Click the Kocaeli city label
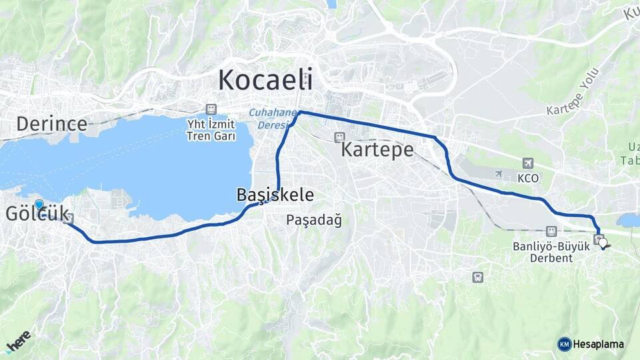(x=265, y=80)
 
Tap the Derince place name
(x=52, y=123)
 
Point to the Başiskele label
(x=275, y=195)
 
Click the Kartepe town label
(x=377, y=149)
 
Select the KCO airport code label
(x=527, y=178)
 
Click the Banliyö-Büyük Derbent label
(x=551, y=251)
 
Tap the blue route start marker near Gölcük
(x=39, y=205)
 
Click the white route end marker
(x=604, y=244)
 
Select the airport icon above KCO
(x=528, y=163)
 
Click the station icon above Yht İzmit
(x=211, y=109)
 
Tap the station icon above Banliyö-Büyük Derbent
(x=551, y=231)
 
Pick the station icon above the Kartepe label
(x=340, y=136)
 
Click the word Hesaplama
(x=598, y=345)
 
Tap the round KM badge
(x=564, y=344)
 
